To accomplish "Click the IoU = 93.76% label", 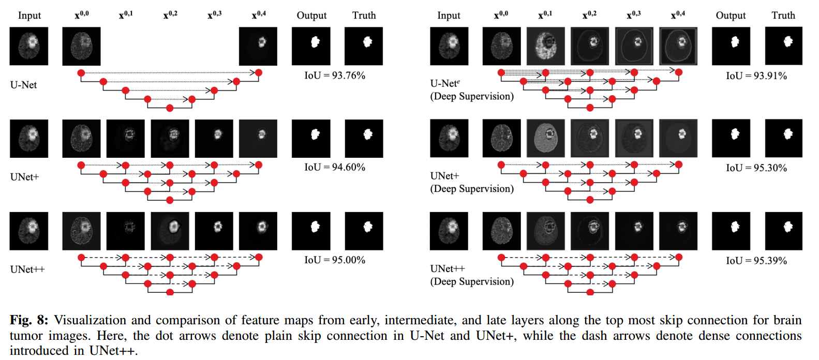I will [334, 76].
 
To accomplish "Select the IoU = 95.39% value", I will [756, 261].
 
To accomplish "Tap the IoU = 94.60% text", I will [334, 167].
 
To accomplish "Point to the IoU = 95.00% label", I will [334, 260].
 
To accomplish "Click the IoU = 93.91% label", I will [756, 76].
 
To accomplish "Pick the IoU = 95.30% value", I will [756, 168].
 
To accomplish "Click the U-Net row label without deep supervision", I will [23, 85].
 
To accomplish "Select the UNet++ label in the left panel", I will [27, 269].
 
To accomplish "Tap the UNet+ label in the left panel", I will [24, 177].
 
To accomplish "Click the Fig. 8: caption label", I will [29, 320].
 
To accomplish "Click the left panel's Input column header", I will [29, 16].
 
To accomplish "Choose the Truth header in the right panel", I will [783, 16].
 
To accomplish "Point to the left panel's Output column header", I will [311, 16].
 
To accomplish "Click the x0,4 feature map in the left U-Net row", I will [258, 46].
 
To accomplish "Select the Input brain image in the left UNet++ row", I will [29, 231].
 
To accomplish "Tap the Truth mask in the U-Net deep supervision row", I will [783, 46].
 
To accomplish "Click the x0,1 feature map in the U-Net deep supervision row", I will [545, 46].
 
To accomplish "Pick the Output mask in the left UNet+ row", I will [311, 139].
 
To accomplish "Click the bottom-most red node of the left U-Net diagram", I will [170, 108].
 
